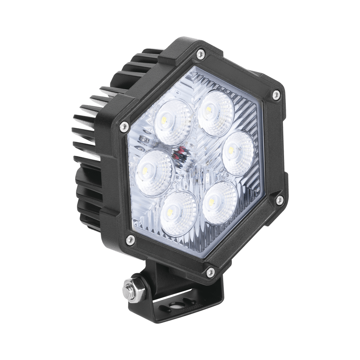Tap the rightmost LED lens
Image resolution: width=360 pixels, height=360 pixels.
pyautogui.click(x=237, y=153)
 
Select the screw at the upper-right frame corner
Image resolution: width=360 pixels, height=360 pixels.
pyautogui.click(x=276, y=94)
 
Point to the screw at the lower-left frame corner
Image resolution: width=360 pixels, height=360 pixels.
pyautogui.click(x=130, y=238)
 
